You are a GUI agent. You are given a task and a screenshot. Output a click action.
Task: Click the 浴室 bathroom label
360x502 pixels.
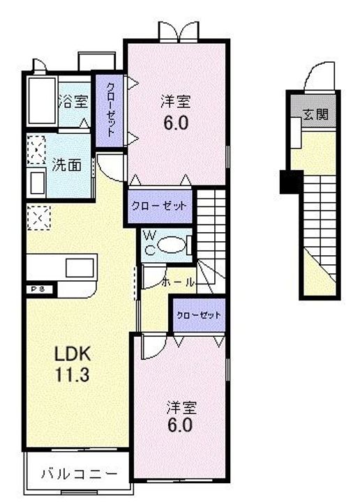[73, 102]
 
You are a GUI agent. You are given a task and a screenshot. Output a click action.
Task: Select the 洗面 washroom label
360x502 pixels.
[67, 165]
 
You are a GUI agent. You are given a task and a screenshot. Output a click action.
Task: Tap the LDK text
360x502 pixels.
[73, 353]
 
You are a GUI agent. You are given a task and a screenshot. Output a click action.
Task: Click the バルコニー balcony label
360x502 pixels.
[77, 476]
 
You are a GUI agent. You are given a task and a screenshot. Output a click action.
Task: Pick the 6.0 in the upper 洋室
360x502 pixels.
[176, 123]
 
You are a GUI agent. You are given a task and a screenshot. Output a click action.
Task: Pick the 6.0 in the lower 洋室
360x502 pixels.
[178, 423]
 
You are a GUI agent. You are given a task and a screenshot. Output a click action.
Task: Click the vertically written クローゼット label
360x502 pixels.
[110, 109]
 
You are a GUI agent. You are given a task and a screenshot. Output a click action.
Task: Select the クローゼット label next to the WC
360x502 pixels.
[159, 206]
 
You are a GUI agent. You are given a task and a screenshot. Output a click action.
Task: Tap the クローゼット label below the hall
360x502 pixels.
[199, 315]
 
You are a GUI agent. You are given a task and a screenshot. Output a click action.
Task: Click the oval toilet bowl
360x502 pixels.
[172, 245]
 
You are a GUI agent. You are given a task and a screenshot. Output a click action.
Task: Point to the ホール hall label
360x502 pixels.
[177, 282]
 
